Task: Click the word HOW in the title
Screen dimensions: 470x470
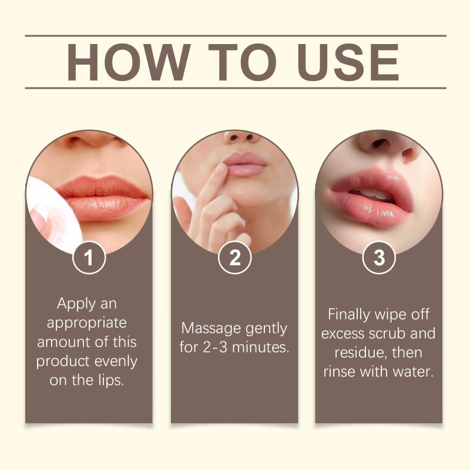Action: click(x=129, y=62)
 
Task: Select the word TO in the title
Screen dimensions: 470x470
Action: click(x=242, y=62)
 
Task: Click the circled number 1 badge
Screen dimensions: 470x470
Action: click(x=89, y=257)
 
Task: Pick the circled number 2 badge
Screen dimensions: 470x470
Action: click(x=234, y=257)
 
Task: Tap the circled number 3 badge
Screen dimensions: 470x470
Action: click(x=379, y=257)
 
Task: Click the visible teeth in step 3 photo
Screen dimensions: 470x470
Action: click(x=372, y=194)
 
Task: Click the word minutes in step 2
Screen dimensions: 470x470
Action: click(x=260, y=347)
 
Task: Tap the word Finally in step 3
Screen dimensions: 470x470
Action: click(x=349, y=315)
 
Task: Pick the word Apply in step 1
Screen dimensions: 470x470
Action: click(x=76, y=304)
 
